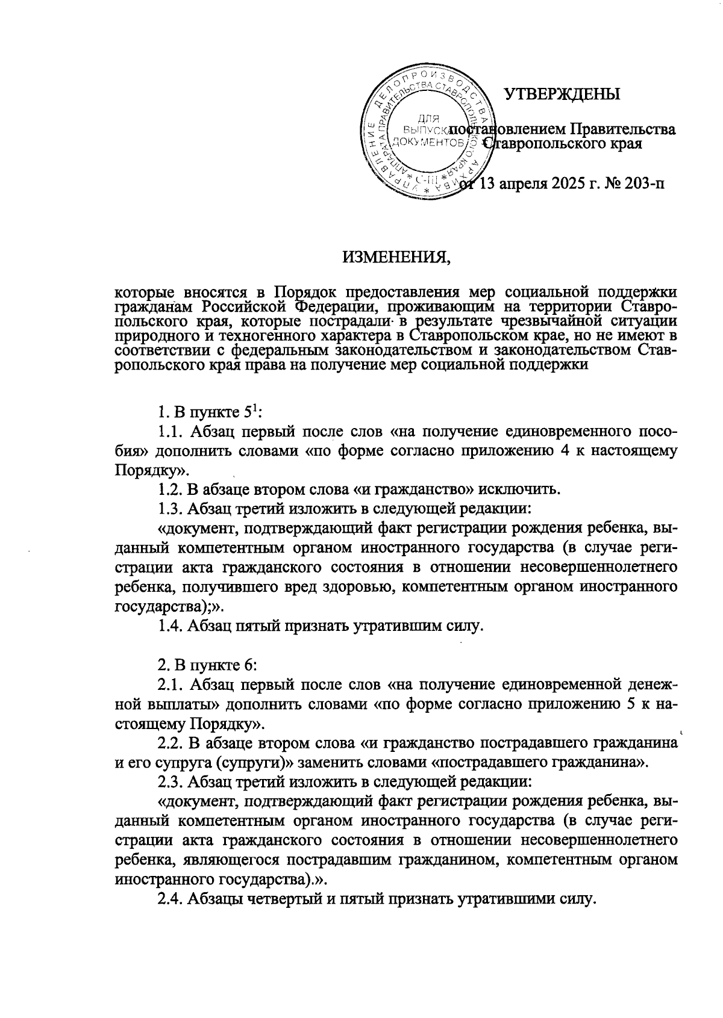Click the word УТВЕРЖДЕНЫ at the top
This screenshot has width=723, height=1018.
tap(562, 95)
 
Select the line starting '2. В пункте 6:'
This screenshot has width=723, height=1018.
tap(208, 665)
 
